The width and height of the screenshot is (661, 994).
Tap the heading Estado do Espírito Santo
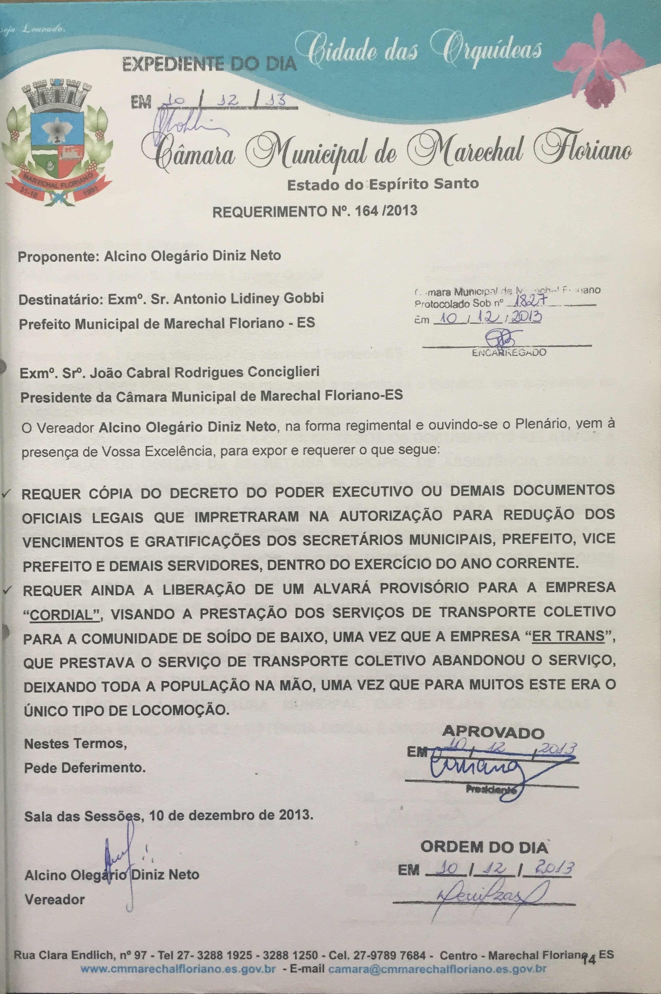(x=382, y=184)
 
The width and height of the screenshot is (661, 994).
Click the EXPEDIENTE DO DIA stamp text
(x=208, y=65)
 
